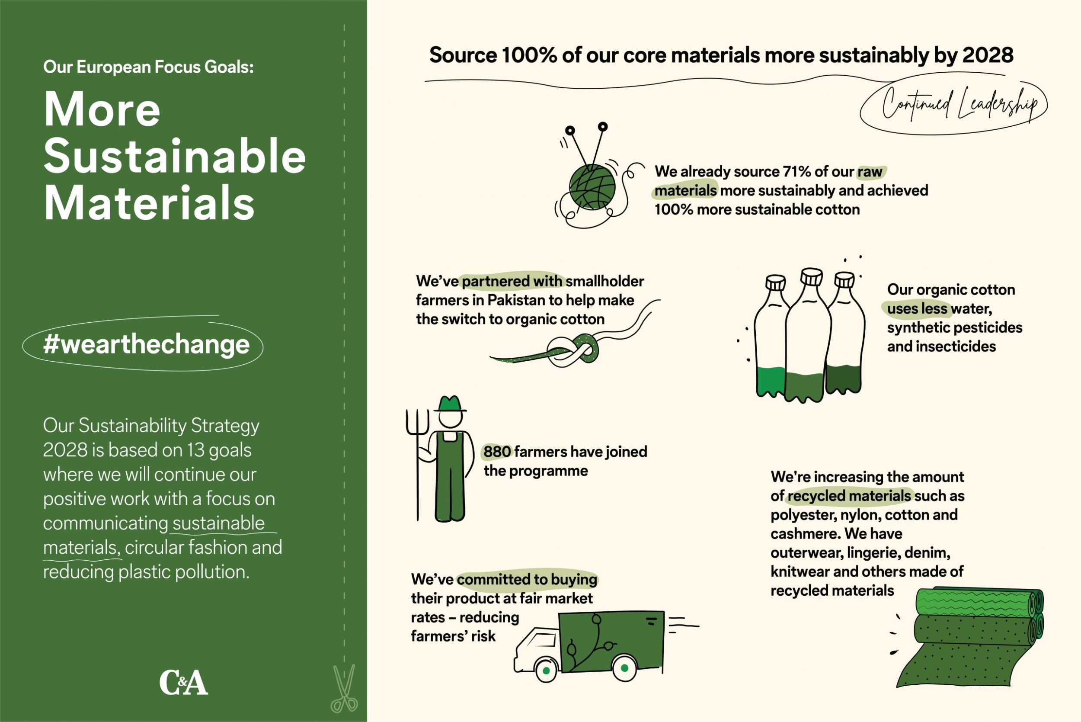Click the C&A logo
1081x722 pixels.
(x=184, y=682)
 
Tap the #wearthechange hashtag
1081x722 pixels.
(x=146, y=344)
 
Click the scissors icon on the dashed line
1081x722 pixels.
(x=344, y=688)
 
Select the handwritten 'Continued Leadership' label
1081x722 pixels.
(x=960, y=105)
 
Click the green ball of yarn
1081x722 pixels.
(x=592, y=187)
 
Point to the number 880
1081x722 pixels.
(x=497, y=451)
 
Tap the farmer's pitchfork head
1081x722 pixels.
(x=417, y=422)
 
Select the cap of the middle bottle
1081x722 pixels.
(x=811, y=276)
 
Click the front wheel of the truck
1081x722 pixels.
(x=546, y=671)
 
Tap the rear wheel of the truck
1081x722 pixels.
(x=624, y=667)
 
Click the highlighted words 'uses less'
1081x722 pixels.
(x=917, y=308)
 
